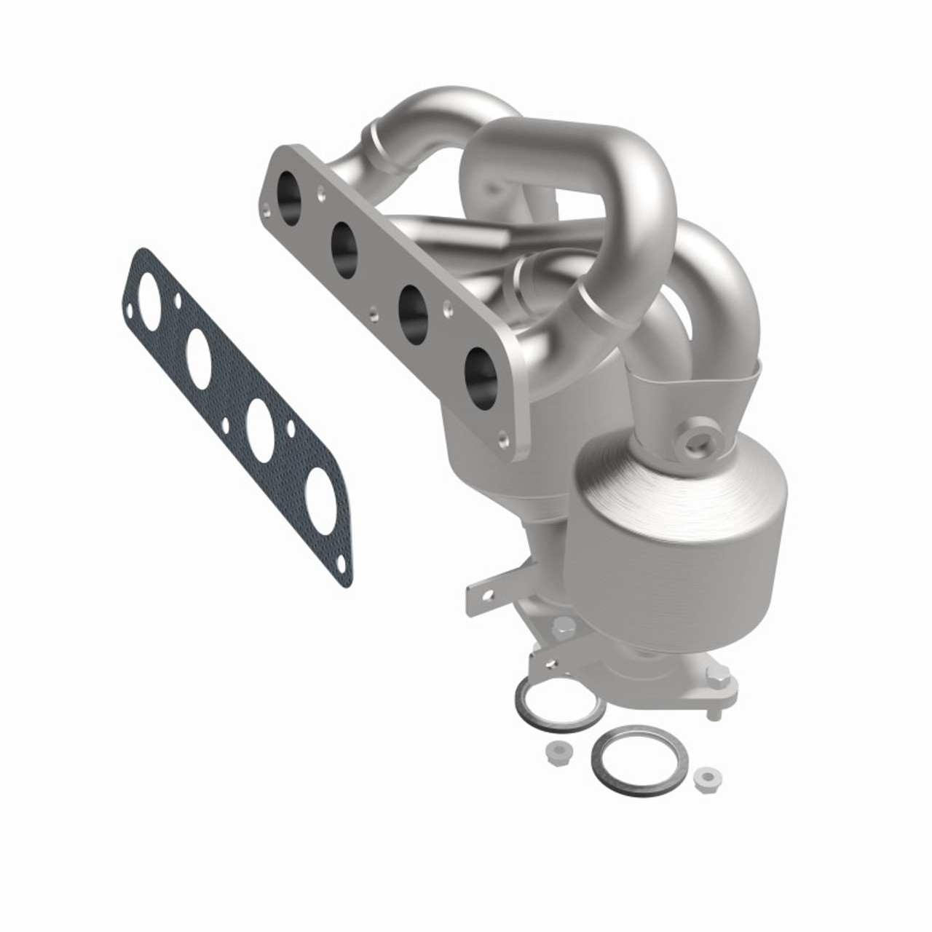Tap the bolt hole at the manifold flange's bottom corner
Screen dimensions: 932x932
click(x=502, y=438)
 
